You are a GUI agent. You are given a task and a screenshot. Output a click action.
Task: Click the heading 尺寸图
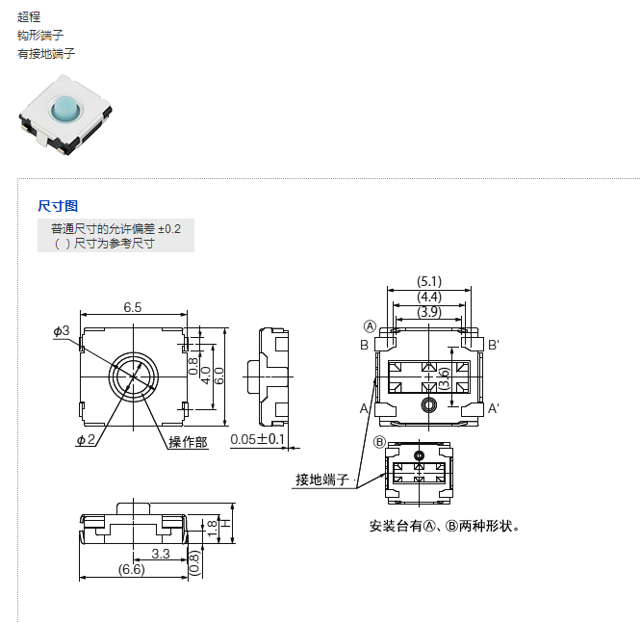[58, 206]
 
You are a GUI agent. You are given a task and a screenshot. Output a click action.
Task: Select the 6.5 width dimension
[133, 307]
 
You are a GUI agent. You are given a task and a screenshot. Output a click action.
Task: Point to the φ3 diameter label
[62, 330]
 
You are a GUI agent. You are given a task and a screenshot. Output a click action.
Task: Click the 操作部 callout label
[188, 442]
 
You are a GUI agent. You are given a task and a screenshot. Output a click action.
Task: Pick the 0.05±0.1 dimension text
[258, 440]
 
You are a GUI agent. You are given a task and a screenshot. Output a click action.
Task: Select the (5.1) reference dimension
[429, 281]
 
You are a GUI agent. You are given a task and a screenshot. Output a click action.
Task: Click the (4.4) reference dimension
[429, 297]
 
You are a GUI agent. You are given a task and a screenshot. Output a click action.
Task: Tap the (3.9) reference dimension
[429, 312]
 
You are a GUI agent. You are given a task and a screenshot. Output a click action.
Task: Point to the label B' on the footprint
[493, 345]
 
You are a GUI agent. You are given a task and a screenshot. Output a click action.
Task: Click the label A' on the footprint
[493, 409]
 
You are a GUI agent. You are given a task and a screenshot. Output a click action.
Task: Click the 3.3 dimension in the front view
[161, 554]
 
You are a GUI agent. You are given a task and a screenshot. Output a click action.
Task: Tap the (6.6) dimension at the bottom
[131, 570]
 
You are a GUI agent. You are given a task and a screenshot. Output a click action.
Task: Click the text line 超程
[29, 17]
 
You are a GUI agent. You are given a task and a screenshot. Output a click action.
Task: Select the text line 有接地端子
[46, 54]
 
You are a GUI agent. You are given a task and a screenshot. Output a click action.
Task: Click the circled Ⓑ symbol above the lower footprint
[379, 442]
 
